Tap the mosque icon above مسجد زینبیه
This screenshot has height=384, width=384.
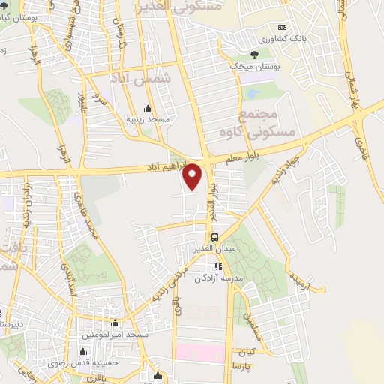tap(147, 108)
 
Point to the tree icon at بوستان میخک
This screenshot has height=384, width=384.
tap(253, 55)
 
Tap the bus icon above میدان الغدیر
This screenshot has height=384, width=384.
tap(215, 238)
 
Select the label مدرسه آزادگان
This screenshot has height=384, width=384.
tap(216, 278)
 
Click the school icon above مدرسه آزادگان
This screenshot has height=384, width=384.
tap(218, 266)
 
